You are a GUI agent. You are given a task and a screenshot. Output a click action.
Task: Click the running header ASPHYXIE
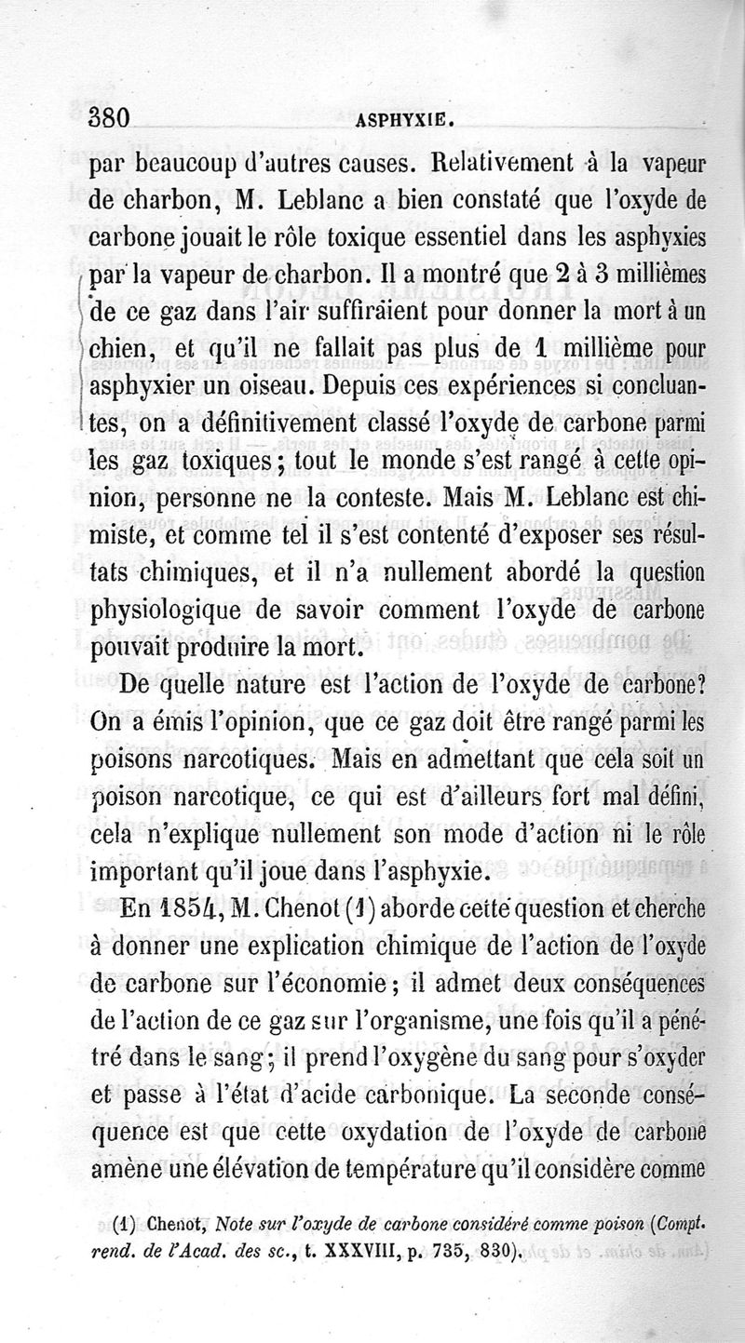click(405, 120)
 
